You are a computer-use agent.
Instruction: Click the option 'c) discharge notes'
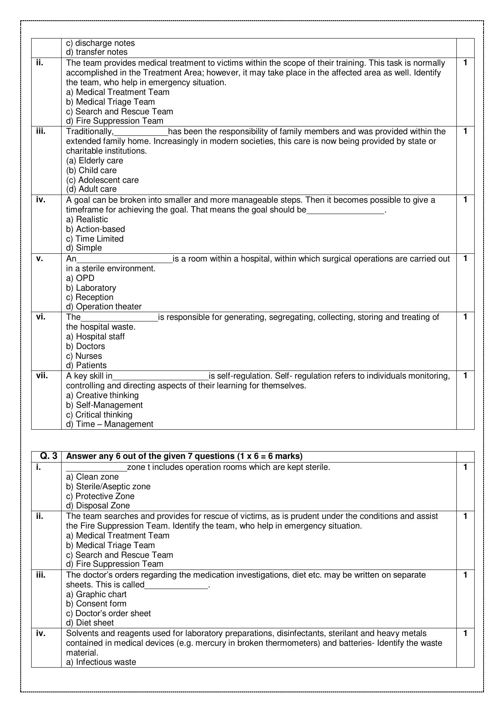click(100, 43)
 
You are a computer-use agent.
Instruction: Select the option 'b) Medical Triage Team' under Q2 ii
click(110, 102)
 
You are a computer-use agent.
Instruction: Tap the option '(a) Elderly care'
click(94, 161)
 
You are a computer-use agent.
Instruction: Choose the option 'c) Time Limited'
click(94, 239)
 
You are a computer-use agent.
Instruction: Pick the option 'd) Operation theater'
click(104, 306)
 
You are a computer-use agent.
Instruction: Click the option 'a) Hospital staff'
click(95, 336)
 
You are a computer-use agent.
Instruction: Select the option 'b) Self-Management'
click(104, 405)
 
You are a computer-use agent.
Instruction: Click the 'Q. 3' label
click(49, 456)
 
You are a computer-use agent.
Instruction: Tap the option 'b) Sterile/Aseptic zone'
click(108, 486)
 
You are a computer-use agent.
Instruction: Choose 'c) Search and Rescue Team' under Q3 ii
click(119, 555)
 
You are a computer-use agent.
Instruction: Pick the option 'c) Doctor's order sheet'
click(108, 613)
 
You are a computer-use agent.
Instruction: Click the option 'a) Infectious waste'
click(101, 662)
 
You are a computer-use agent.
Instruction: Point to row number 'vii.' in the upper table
click(42, 375)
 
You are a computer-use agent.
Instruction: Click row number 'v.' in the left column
click(39, 258)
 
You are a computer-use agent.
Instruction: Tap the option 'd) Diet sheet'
click(90, 623)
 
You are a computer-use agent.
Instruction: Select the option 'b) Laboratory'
click(91, 288)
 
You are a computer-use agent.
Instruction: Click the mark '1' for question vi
click(465, 317)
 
